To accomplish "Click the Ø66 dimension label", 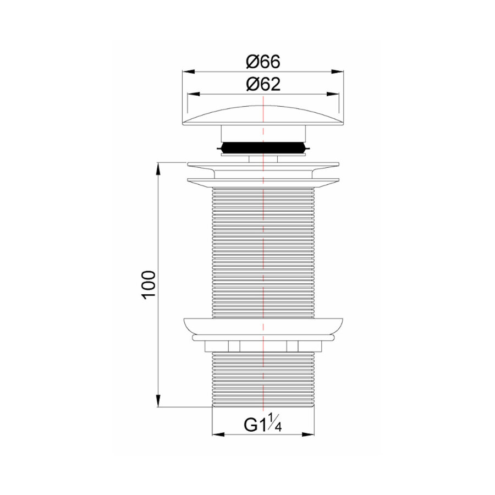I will click(263, 62).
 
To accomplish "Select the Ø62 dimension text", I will click(263, 84).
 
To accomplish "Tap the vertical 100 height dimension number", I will click(149, 284).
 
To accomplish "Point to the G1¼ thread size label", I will click(263, 425).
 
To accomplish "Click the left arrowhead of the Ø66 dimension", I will click(185, 71).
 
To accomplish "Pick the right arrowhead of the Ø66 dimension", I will click(342, 71).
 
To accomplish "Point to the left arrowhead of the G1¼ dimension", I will click(216, 435).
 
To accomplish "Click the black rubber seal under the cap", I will click(263, 148).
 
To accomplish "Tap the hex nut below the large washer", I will click(263, 346).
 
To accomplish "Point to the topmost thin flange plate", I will click(263, 164).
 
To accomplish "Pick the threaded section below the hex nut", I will click(263, 380).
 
